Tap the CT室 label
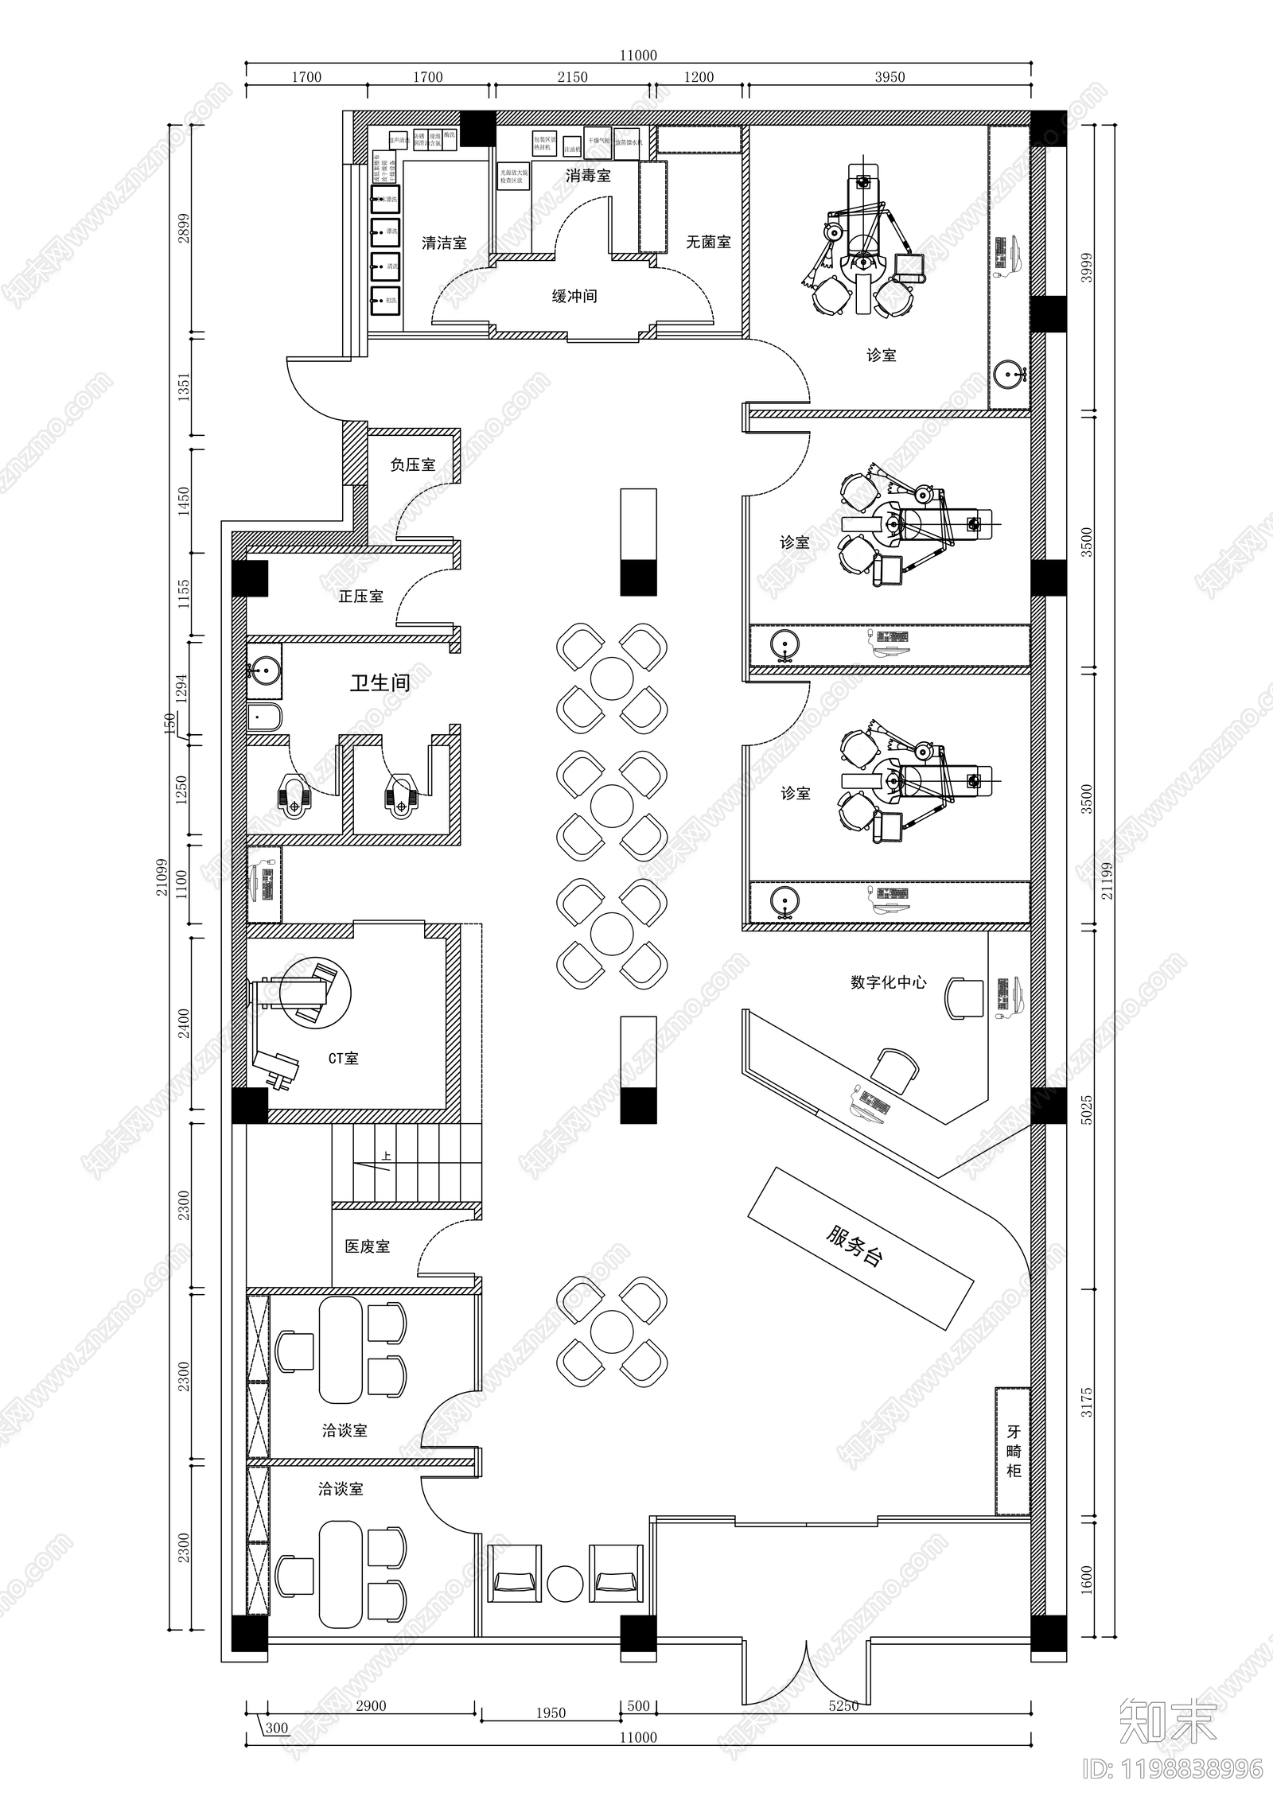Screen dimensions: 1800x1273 pos(343,1059)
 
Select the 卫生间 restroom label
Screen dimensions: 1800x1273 pos(380,682)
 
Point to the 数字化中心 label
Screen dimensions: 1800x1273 pos(888,982)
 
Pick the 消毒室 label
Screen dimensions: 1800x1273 pos(588,176)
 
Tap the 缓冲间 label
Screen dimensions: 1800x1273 pos(574,297)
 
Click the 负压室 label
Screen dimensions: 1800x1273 pos(412,465)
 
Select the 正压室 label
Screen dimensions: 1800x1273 pos(360,597)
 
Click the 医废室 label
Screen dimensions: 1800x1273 pos(367,1246)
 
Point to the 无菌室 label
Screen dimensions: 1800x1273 pos(708,242)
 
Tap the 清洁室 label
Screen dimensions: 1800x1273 pos(444,243)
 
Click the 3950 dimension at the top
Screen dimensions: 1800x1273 pos(890,77)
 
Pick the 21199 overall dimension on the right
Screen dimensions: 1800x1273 pos(1108,881)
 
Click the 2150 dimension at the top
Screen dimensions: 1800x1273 pos(572,77)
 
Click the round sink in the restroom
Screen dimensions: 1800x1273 pos(263,672)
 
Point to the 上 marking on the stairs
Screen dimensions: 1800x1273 pos(387,1157)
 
